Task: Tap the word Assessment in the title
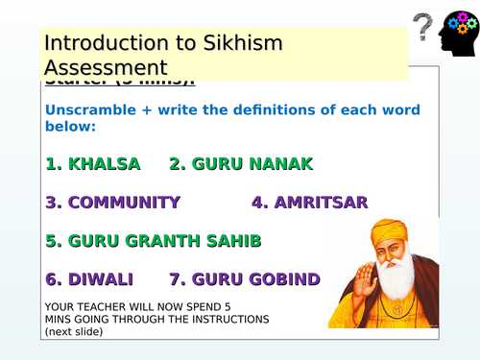[106, 68]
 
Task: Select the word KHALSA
[104, 164]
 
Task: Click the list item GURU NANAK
[241, 164]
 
